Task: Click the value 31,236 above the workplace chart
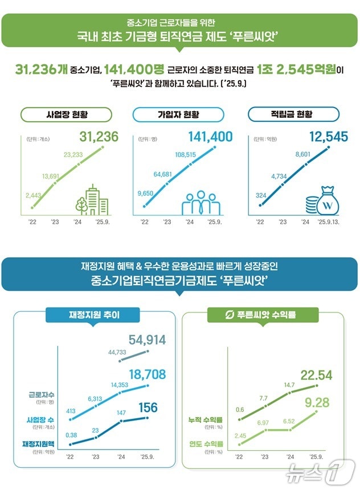click(98, 137)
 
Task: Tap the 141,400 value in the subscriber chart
click(210, 137)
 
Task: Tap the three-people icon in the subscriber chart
click(203, 203)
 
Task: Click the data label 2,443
click(34, 195)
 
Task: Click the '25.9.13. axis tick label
click(328, 223)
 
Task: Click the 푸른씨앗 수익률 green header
click(263, 314)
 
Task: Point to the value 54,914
click(147, 340)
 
